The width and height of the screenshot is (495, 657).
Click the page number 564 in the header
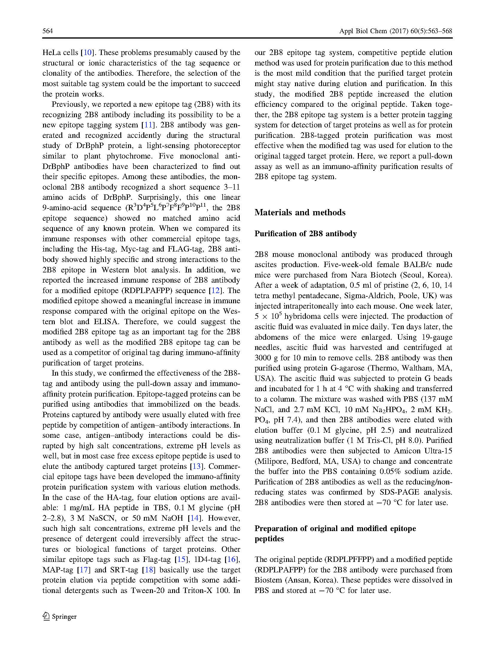48,31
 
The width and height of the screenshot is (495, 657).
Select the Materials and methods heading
300,212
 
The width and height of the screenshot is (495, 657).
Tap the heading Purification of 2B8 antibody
306,234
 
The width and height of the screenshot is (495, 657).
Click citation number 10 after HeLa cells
88,53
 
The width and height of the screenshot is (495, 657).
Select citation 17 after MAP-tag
84,570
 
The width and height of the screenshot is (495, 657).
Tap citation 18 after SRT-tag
149,570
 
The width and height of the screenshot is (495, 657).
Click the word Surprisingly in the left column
159,197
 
